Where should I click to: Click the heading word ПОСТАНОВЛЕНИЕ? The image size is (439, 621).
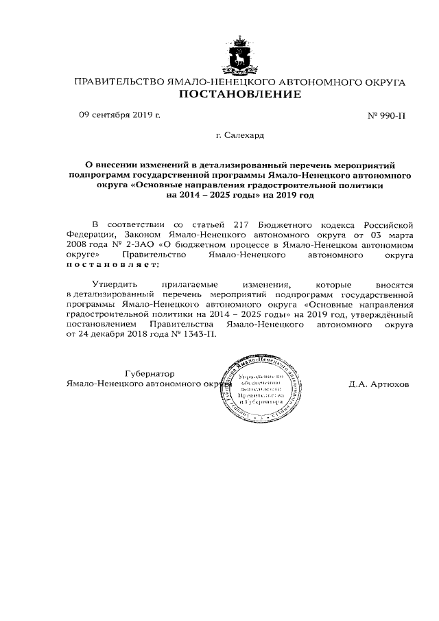pyautogui.click(x=239, y=95)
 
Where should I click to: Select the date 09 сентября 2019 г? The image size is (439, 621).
pyautogui.click(x=119, y=115)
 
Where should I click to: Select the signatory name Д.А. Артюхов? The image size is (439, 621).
pyautogui.click(x=378, y=384)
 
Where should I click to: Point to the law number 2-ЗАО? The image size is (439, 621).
pyautogui.click(x=136, y=244)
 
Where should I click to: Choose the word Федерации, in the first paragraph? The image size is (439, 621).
pyautogui.click(x=93, y=234)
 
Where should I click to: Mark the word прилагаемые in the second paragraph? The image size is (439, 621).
pyautogui.click(x=188, y=283)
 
